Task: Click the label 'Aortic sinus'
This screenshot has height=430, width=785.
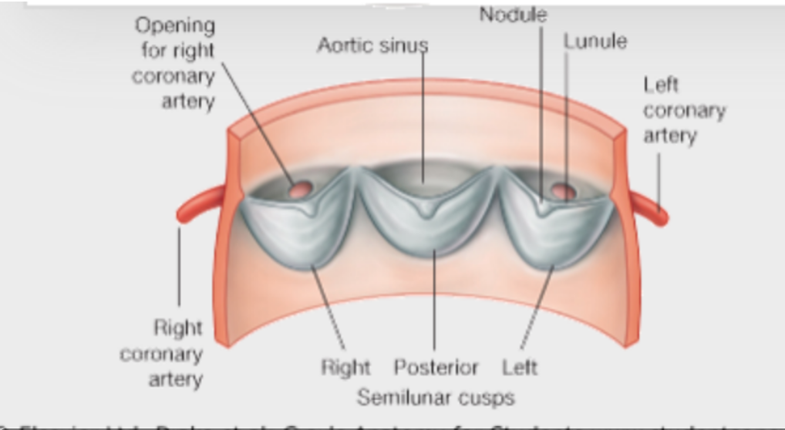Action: click(372, 45)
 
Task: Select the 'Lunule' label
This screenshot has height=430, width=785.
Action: click(595, 41)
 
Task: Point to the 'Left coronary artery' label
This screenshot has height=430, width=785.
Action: click(684, 110)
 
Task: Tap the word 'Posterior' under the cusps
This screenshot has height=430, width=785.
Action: click(436, 368)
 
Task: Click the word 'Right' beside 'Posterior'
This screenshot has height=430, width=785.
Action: click(345, 368)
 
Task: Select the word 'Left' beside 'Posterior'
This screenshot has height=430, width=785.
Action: click(520, 368)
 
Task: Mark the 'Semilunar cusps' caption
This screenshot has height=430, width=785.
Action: click(436, 397)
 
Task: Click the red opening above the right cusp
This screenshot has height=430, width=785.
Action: click(298, 188)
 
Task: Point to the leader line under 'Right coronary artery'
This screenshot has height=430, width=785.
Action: click(179, 262)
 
